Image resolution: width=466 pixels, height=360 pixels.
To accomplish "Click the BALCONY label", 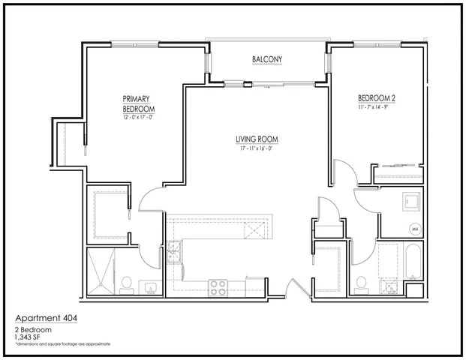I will point(267,59).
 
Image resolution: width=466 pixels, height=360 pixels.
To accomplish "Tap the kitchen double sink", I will point(174,251).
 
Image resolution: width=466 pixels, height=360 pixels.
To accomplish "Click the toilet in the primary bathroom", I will point(127,283).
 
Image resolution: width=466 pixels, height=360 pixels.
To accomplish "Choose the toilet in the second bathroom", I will point(361,283).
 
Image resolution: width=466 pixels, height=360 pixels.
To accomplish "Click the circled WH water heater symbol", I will point(413,229).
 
